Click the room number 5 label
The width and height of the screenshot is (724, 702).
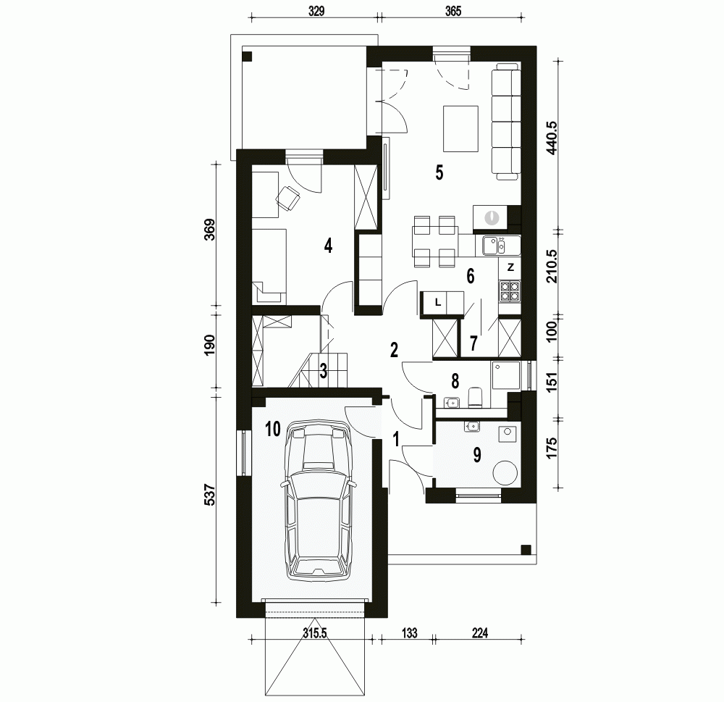pos(439,172)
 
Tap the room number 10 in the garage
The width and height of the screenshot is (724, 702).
pos(273,429)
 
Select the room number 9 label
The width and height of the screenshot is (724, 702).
pos(477,455)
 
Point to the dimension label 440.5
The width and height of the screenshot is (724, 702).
pos(552,138)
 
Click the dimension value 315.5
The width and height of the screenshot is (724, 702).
pos(314,632)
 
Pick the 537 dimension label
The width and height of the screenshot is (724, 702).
pos(209,494)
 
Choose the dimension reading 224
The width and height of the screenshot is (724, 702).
pos(480,632)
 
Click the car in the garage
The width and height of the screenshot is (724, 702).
pos(318,500)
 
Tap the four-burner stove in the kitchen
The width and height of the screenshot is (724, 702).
pos(510,292)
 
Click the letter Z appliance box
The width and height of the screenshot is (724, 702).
pos(510,268)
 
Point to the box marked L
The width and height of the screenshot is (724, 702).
pos(438,303)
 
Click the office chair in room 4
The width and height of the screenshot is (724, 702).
pos(288,199)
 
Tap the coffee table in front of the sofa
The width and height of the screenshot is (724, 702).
pos(460,128)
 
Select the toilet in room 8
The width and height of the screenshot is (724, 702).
pos(475,398)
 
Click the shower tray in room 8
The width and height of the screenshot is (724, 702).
pos(505,375)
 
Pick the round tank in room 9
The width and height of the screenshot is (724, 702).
pos(505,472)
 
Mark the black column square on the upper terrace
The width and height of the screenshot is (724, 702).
pos(248,57)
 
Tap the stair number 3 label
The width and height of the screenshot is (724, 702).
pos(323,371)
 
